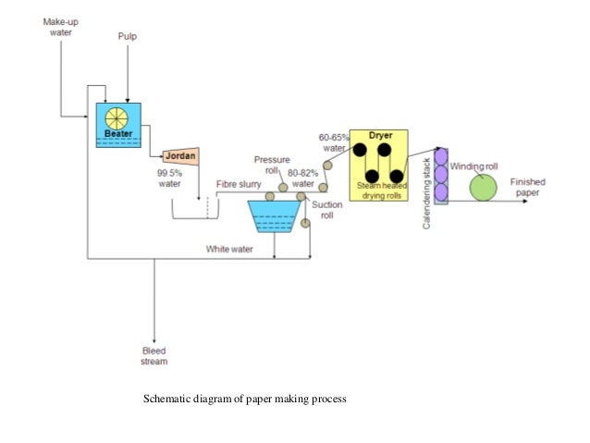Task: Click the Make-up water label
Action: (x=60, y=24)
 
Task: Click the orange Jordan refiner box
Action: (x=182, y=155)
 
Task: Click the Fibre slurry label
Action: (x=238, y=184)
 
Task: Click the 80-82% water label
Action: (x=302, y=178)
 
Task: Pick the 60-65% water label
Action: (x=334, y=142)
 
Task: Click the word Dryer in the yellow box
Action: (x=381, y=135)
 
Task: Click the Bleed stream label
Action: (x=154, y=356)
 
